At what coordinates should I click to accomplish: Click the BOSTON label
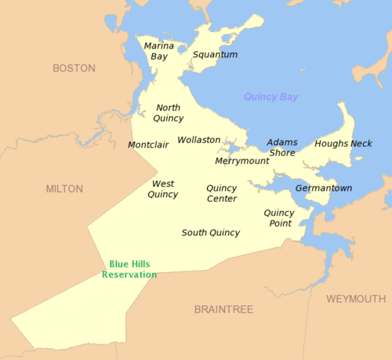[x=74, y=68]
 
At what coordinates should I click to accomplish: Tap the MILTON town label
[x=64, y=189]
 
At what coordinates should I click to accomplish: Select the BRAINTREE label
[x=223, y=310]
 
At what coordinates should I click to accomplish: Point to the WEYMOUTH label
[x=356, y=300]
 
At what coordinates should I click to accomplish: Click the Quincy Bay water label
[x=270, y=97]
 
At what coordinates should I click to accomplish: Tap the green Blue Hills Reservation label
[x=129, y=270]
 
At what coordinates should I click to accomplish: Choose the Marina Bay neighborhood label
[x=159, y=51]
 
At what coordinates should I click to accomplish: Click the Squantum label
[x=215, y=55]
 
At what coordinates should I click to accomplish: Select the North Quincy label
[x=169, y=113]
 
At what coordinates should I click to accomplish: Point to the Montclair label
[x=148, y=145]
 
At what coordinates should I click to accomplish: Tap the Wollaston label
[x=199, y=140]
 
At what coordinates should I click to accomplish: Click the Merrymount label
[x=242, y=161]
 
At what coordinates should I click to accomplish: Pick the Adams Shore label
[x=282, y=147]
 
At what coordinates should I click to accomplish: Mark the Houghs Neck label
[x=343, y=144]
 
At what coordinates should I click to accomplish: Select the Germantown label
[x=324, y=188]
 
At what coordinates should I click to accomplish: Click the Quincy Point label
[x=279, y=218]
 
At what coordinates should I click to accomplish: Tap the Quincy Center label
[x=222, y=193]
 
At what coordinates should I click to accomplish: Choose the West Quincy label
[x=163, y=189]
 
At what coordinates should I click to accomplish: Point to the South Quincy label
[x=211, y=233]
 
